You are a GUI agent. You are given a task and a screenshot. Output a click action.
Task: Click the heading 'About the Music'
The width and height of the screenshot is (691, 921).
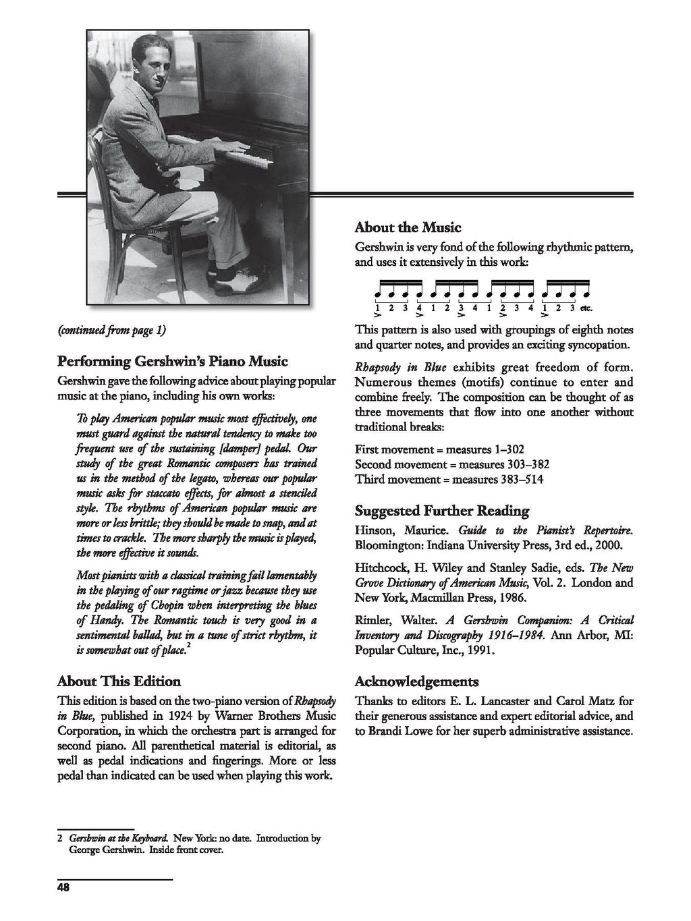pos(408,227)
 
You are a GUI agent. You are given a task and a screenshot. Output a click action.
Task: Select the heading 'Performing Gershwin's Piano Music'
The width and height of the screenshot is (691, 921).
pos(172,361)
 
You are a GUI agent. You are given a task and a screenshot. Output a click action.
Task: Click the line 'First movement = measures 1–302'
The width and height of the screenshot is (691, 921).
pos(439,449)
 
